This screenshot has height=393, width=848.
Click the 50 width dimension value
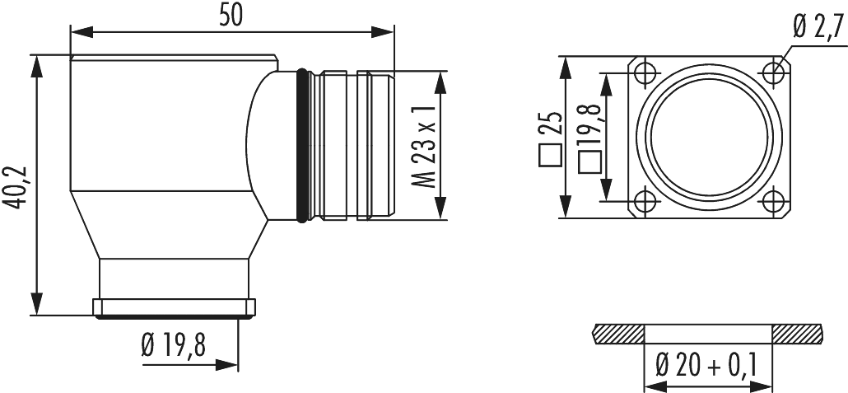click(x=231, y=16)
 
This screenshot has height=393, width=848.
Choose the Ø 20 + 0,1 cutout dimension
click(x=707, y=364)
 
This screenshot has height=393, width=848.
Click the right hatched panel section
click(x=798, y=334)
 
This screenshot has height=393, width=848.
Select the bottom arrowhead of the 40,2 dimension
click(x=37, y=305)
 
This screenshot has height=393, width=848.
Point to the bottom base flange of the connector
click(x=174, y=308)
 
